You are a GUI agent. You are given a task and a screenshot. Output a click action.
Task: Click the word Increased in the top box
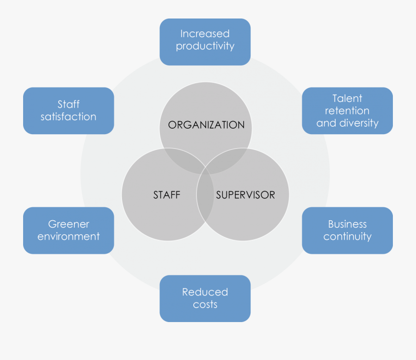pos(205,34)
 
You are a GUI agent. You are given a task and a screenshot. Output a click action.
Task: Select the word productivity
pos(205,46)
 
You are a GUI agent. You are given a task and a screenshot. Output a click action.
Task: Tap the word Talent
pos(347,98)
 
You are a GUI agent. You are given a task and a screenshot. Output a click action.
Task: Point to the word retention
pos(347,111)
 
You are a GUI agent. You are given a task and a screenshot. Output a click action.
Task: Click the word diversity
pos(359,123)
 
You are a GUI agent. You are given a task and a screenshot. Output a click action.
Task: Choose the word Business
pos(347,224)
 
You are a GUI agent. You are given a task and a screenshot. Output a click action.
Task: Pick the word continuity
pos(347,236)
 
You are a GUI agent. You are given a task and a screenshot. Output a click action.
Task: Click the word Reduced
pos(205,292)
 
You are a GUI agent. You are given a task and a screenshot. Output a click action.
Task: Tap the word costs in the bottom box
pos(205,304)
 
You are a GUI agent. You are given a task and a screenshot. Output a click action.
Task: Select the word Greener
pos(68,224)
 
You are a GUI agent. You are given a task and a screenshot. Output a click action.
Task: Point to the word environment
pos(68,236)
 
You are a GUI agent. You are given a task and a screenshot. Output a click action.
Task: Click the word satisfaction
pos(68,117)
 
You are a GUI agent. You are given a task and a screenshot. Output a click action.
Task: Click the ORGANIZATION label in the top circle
pos(206,125)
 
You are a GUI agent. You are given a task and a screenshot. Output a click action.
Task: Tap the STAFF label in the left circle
pos(166,195)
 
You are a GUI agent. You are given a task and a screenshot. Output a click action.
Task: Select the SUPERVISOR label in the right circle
pos(245,195)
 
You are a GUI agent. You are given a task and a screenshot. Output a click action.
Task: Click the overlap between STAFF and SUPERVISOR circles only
pos(205,204)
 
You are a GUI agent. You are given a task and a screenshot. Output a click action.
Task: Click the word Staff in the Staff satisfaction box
pos(68,104)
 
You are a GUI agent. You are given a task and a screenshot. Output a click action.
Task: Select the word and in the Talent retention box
pos(326,123)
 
